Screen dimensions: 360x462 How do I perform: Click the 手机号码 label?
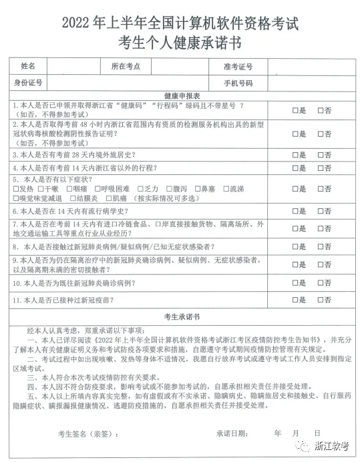[238, 83]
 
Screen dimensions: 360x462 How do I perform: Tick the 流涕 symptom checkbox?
[226, 189]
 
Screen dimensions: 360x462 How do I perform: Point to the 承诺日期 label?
[235, 433]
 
